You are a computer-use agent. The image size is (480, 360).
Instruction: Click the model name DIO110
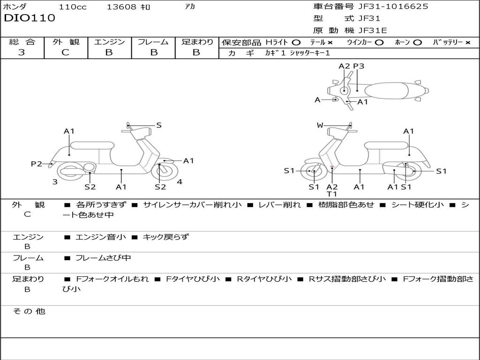tap(30, 18)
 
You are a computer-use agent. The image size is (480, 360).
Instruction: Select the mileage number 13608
tap(121, 7)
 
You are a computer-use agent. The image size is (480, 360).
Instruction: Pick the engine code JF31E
tap(373, 30)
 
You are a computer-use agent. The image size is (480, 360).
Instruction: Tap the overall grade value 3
tap(22, 52)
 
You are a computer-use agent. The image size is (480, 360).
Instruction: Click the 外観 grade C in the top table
tap(65, 52)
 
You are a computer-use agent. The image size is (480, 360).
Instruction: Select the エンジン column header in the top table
tap(109, 42)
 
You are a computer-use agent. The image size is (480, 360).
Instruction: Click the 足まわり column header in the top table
tap(197, 42)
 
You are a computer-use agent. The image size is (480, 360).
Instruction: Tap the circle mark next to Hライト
tap(296, 42)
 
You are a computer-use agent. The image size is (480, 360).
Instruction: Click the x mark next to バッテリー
tap(467, 42)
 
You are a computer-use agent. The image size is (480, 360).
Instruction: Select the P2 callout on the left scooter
tap(36, 164)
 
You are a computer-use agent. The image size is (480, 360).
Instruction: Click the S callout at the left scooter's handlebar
tap(159, 125)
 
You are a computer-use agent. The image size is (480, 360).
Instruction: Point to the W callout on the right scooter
tap(320, 125)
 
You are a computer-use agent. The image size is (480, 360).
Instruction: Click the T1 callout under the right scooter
tap(332, 194)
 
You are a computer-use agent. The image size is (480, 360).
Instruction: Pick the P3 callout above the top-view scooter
tap(359, 66)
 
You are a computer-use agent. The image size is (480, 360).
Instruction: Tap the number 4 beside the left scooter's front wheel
tap(180, 182)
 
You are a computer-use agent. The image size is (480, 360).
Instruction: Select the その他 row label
tap(29, 311)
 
